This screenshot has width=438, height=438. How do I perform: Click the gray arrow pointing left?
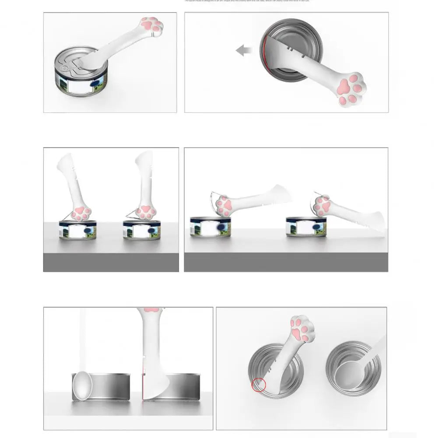point(244,51)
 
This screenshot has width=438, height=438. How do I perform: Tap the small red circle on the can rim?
point(259,384)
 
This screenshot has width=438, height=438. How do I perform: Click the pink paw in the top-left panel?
point(150,25)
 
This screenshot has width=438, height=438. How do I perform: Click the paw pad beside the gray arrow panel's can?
point(350,89)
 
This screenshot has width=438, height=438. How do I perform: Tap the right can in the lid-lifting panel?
point(306,226)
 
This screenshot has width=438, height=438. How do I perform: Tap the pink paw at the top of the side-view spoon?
point(151,310)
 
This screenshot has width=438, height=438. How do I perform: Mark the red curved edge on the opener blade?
point(263,53)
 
